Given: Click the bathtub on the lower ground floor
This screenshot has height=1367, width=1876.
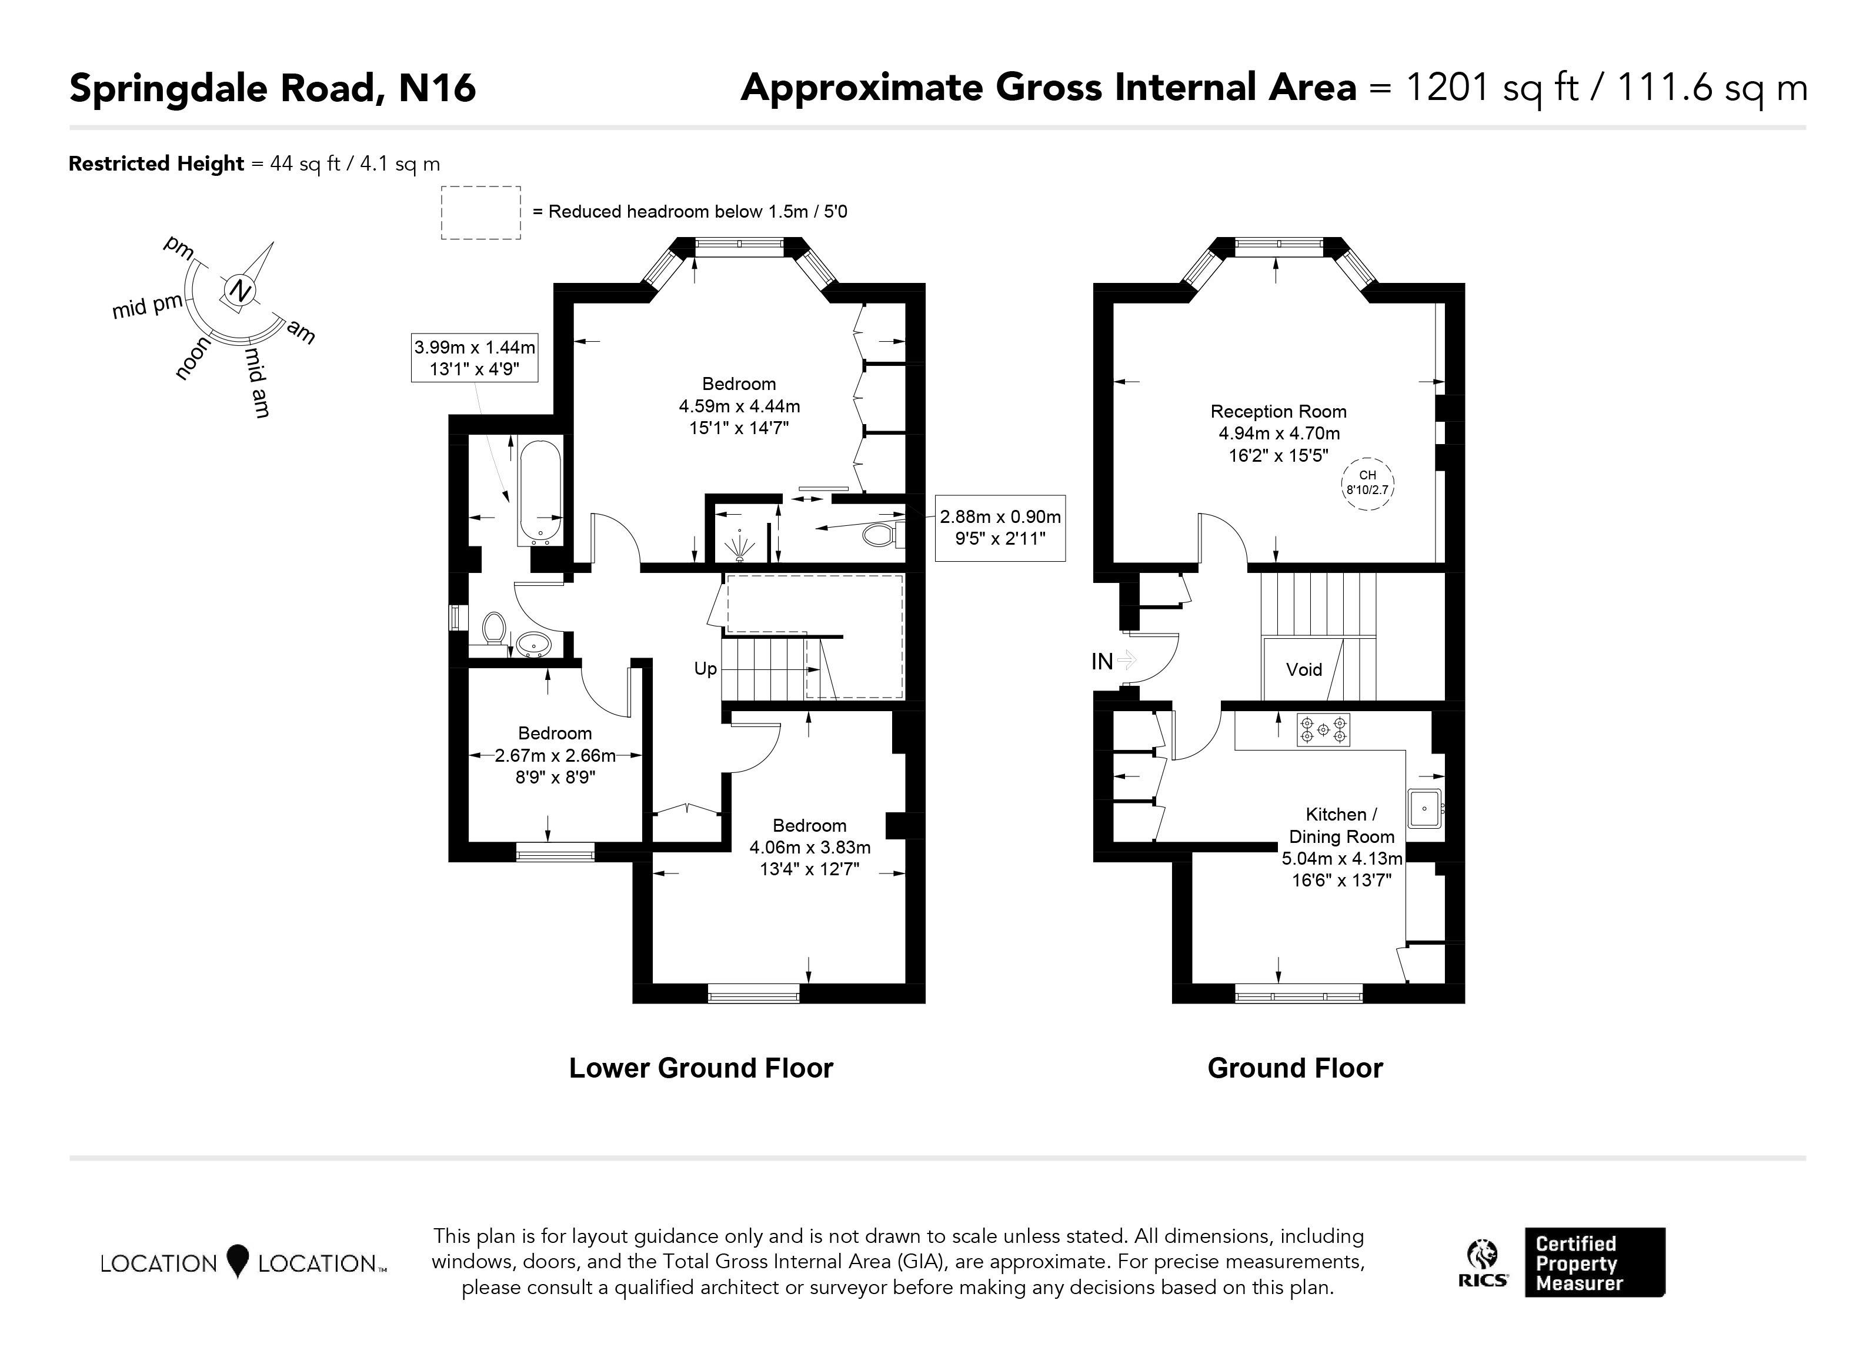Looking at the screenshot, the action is (x=540, y=492).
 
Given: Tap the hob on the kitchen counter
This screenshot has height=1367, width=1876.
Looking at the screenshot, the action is (x=1323, y=730).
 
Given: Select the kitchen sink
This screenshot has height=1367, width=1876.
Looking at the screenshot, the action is (x=1425, y=808).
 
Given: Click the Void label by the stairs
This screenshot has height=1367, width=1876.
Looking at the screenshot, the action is (x=1304, y=669).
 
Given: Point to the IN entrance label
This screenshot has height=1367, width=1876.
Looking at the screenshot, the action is (x=1101, y=661).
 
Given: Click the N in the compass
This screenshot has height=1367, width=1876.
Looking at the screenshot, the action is (x=241, y=291).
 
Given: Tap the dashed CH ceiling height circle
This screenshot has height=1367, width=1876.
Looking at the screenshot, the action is (x=1367, y=484).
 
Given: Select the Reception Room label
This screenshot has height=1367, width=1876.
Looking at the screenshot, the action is (x=1279, y=411).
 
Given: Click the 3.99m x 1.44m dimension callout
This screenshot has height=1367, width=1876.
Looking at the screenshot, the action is (x=475, y=358).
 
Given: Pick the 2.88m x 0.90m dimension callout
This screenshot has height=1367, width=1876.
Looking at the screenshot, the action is (x=1000, y=528).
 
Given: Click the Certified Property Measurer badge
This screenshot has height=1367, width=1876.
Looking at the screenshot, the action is (x=1595, y=1263).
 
